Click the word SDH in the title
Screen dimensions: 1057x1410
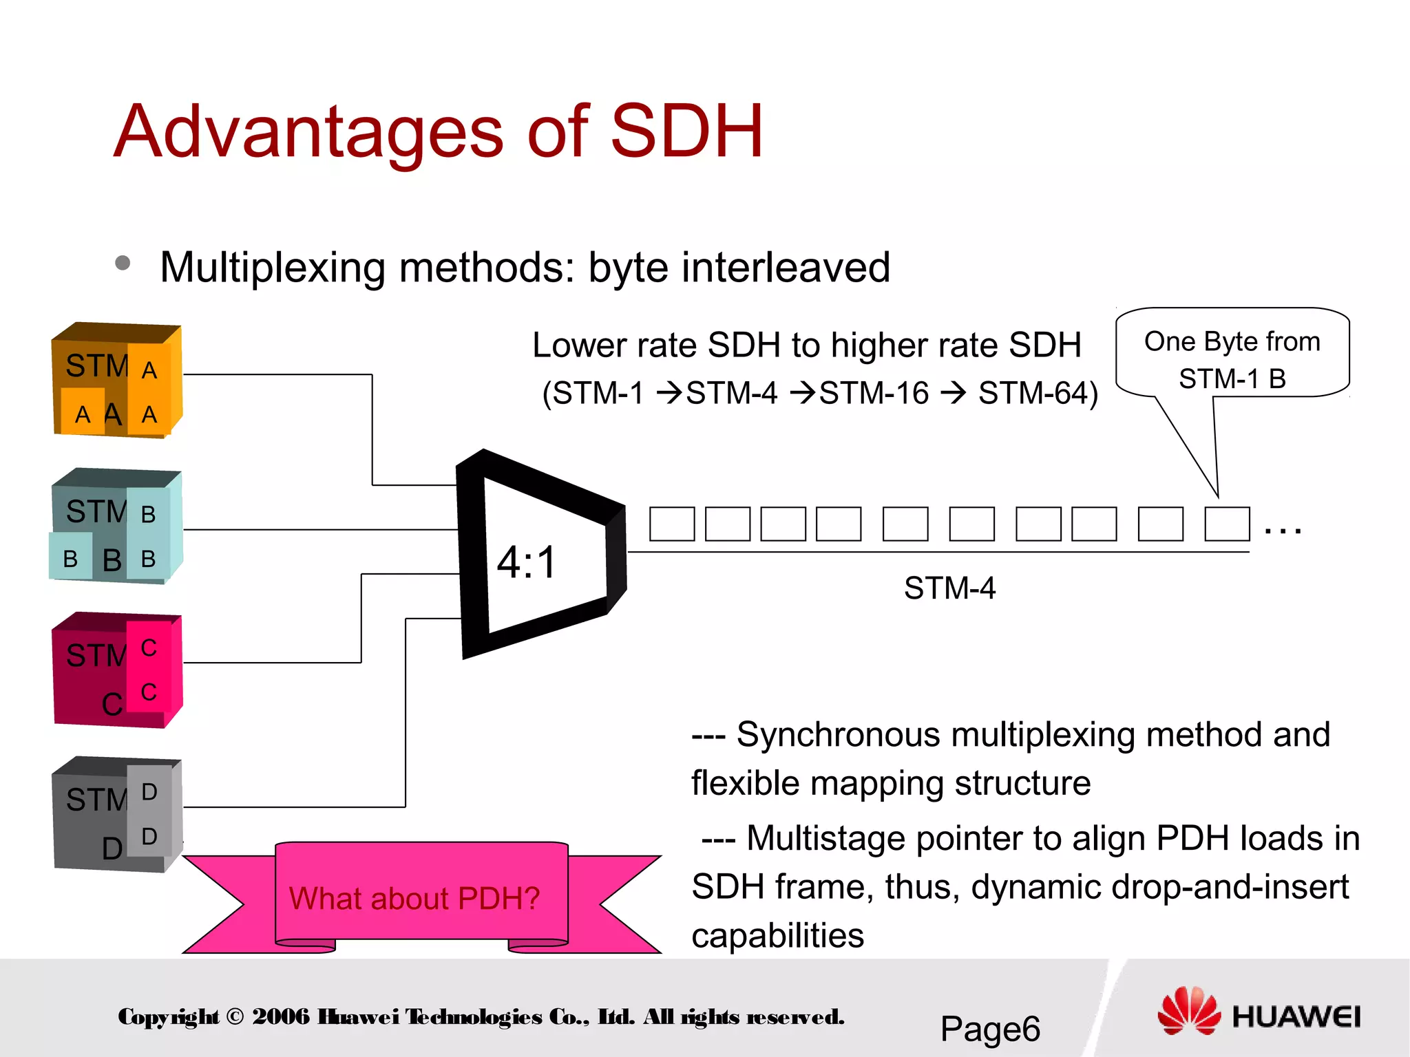point(686,131)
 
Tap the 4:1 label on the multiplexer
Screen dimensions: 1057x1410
point(527,562)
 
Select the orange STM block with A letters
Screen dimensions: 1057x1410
point(116,381)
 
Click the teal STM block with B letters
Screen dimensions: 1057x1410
point(116,526)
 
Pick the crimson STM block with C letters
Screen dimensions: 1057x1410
point(116,671)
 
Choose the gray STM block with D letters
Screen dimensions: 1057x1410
point(116,815)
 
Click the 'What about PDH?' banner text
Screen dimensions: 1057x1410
point(414,898)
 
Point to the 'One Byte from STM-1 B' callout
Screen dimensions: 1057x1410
point(1232,359)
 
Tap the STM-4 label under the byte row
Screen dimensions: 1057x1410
point(949,588)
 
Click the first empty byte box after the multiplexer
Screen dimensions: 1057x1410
point(672,524)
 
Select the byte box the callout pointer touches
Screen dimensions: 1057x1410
point(1227,524)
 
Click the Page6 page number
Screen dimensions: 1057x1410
point(990,1029)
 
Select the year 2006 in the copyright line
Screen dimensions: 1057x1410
point(281,1016)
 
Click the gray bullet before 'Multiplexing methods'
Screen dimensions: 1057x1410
point(123,263)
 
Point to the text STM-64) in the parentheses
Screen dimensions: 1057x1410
point(1038,394)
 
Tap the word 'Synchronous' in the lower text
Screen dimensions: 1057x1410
point(838,734)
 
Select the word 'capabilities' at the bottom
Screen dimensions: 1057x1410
point(777,936)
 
